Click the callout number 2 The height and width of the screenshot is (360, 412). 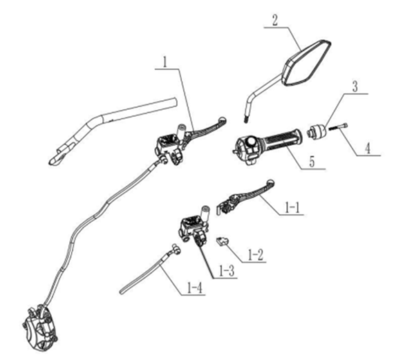point(274,21)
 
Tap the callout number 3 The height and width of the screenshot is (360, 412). point(355,86)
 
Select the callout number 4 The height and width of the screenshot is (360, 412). point(368,149)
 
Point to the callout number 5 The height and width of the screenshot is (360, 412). point(312,162)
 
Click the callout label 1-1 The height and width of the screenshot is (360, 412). point(292,209)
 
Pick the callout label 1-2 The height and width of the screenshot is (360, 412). point(254,255)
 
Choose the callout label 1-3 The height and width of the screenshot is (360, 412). point(227,272)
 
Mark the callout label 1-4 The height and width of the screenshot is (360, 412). point(195,289)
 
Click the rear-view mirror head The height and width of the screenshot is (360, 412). point(306,63)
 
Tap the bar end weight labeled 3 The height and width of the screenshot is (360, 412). point(317,131)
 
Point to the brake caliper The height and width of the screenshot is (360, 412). point(39,326)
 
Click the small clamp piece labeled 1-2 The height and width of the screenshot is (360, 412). point(222,240)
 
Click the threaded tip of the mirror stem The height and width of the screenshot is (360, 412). point(246,120)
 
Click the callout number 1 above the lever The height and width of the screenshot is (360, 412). point(165,63)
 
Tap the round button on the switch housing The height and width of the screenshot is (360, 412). point(251,142)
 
